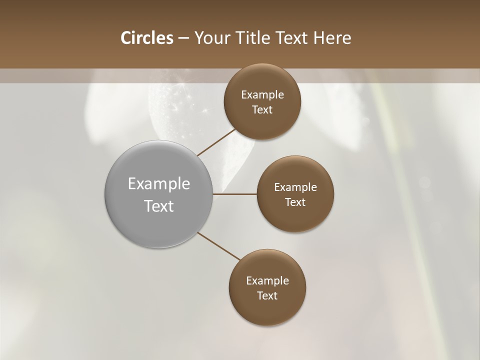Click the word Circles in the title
(x=146, y=38)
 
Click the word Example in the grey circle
(x=159, y=184)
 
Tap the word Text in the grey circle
(x=159, y=206)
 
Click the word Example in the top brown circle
(x=262, y=95)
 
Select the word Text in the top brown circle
(x=262, y=110)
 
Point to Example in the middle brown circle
(x=295, y=187)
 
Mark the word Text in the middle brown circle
(x=295, y=202)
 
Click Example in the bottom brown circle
(x=267, y=281)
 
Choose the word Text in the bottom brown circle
(x=267, y=296)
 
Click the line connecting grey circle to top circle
(x=216, y=142)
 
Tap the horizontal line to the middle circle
(x=235, y=193)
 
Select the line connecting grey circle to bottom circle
(x=219, y=246)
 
